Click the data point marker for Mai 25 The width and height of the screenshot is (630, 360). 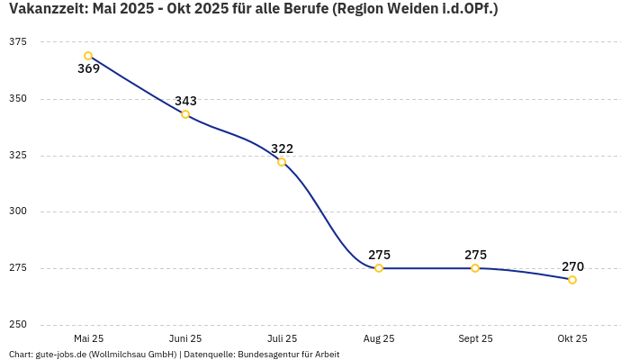coord(88,56)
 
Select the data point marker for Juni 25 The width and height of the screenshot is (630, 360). coord(185,114)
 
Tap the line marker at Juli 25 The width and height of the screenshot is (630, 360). coord(282,162)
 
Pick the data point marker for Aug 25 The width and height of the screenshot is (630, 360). coord(379,268)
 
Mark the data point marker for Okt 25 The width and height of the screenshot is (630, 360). coord(572,280)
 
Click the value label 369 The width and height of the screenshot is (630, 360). coord(88,69)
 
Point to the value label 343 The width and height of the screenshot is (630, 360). coord(185,101)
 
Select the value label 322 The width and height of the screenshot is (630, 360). coord(282,148)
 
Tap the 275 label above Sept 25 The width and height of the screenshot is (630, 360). coord(475,255)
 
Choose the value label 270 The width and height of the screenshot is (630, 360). coord(572,266)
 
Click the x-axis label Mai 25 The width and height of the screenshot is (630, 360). coord(88,338)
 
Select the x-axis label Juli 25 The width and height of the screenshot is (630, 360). coord(282,338)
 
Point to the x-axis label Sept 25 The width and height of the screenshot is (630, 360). coord(475,338)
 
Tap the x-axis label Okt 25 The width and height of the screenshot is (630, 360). coord(572,338)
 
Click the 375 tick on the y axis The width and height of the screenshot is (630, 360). coord(17,42)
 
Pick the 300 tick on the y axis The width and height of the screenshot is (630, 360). coord(17,211)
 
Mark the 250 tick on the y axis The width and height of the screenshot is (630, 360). coord(17,325)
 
